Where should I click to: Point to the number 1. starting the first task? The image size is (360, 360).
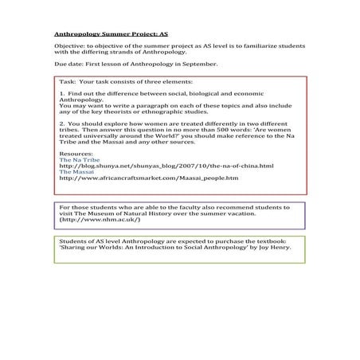point(62,94)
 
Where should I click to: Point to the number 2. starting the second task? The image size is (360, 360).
point(62,124)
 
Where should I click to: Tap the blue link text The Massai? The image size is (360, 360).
point(75,170)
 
